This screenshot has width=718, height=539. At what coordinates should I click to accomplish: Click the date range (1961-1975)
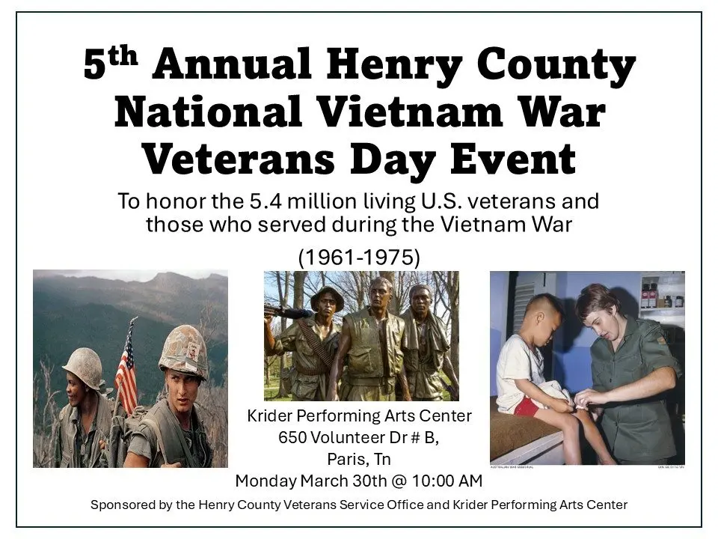tap(359, 258)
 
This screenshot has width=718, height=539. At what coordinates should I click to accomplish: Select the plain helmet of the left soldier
tap(83, 367)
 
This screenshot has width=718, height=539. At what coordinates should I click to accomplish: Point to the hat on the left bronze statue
tap(327, 296)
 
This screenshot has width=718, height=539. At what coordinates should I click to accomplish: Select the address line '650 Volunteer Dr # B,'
tap(358, 438)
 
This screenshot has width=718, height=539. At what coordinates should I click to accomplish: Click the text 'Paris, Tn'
tap(358, 459)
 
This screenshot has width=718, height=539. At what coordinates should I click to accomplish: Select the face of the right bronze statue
tap(421, 302)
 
